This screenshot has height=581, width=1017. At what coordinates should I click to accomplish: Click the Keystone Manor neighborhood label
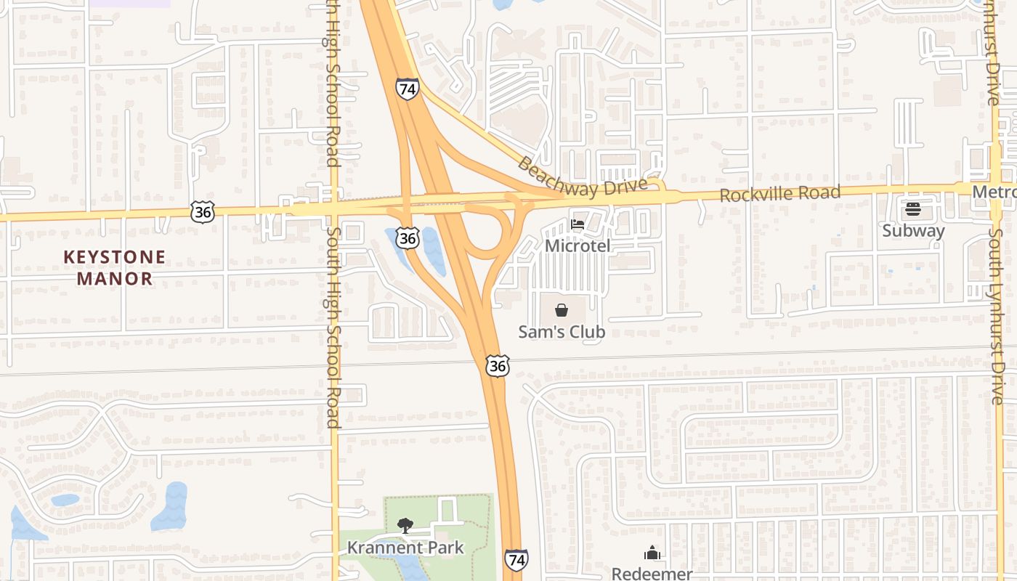(114, 267)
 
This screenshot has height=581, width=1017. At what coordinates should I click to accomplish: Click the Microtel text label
(578, 245)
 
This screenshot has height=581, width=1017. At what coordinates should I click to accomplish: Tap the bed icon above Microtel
(578, 224)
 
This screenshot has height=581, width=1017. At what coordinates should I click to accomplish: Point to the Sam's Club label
(562, 332)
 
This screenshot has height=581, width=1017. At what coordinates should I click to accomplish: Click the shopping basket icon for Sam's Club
(562, 311)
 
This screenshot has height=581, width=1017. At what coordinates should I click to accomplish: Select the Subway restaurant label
(913, 231)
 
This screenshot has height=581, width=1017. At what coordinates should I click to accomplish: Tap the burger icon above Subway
(913, 210)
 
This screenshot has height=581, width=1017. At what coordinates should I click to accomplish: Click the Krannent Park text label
(405, 548)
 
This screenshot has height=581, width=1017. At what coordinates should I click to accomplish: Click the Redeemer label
(652, 574)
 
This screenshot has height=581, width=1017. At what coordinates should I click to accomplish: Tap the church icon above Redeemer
(652, 553)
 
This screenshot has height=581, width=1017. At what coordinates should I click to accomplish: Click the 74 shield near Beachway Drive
(408, 89)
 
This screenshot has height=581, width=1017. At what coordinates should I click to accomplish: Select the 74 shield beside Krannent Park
(516, 560)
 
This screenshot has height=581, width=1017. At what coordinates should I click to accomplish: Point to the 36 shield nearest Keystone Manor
(203, 212)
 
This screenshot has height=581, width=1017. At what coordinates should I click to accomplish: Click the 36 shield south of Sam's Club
(498, 366)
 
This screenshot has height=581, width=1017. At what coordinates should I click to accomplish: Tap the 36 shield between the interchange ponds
(408, 237)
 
